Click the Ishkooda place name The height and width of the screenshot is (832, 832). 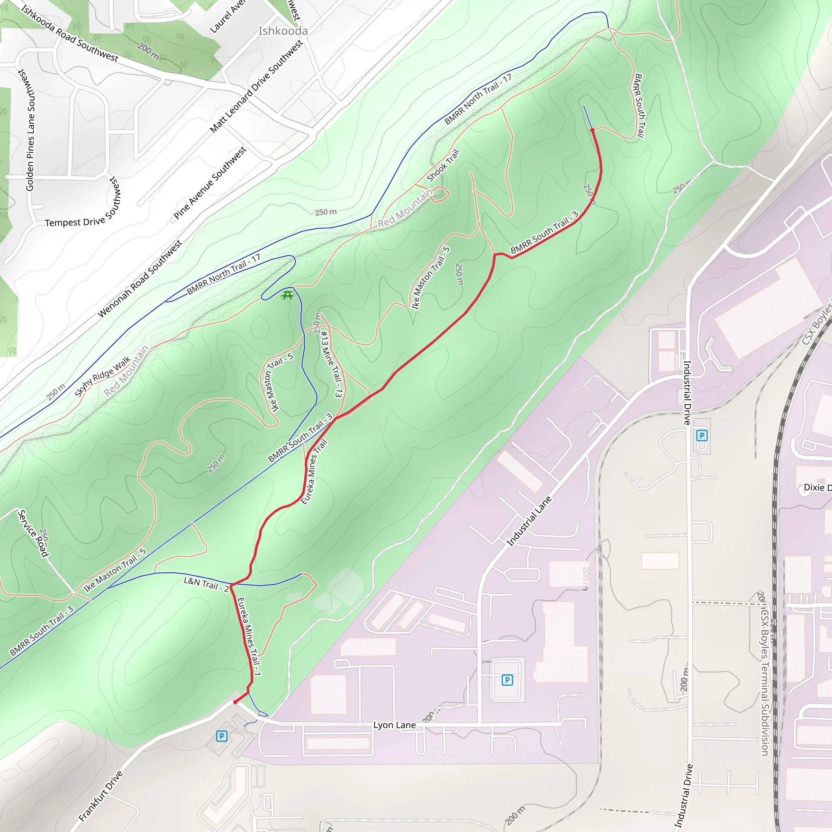[283, 31]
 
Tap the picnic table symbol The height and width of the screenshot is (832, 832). [287, 295]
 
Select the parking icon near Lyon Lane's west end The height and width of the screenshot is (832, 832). [221, 736]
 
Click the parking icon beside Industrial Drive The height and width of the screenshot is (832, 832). [702, 435]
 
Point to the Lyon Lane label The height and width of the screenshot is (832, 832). [394, 725]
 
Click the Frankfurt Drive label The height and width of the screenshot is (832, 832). [101, 796]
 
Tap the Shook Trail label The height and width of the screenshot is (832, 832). [443, 165]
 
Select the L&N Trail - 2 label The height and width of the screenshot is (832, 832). [206, 584]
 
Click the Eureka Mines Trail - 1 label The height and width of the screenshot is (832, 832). [249, 636]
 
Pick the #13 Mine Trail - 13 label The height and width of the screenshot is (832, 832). [331, 364]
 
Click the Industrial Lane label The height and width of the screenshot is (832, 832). [529, 521]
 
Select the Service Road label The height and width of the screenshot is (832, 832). [32, 533]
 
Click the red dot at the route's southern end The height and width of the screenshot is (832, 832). [235, 702]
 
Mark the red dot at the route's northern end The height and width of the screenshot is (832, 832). [593, 130]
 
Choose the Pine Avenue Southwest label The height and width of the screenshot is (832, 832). [210, 183]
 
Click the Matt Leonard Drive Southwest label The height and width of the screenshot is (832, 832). [256, 86]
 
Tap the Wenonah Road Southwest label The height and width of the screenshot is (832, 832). [140, 279]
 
